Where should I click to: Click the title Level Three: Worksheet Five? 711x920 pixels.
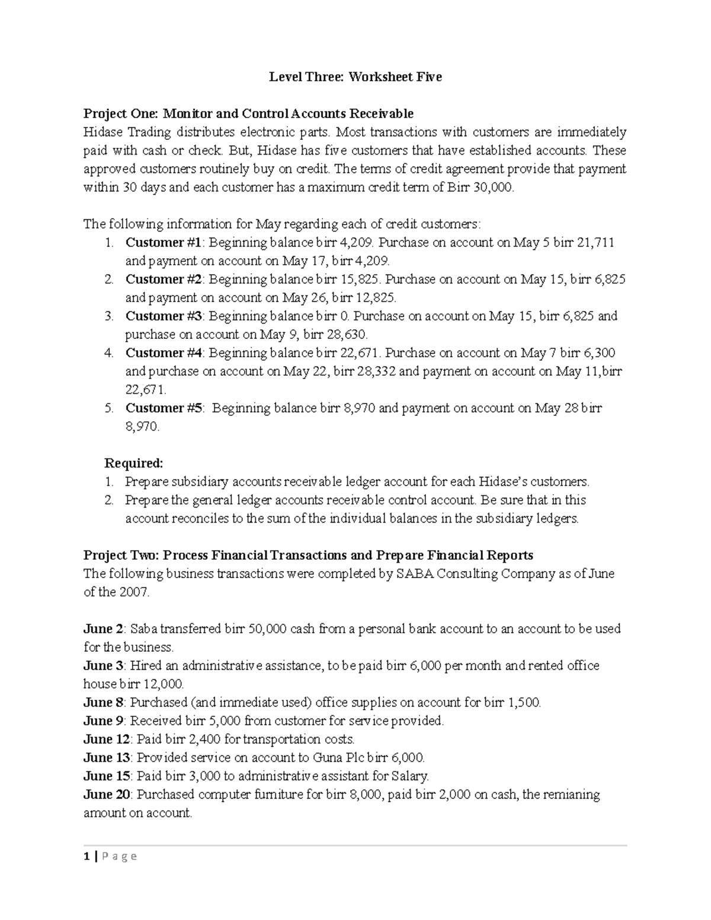[x=355, y=77]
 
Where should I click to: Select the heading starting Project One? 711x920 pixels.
[x=248, y=113]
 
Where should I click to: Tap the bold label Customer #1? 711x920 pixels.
[x=163, y=242]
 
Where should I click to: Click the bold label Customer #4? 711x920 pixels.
[x=163, y=353]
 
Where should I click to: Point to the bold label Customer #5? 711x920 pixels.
[x=163, y=408]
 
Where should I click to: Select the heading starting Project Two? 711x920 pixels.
[x=308, y=555]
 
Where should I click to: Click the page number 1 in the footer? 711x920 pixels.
[x=87, y=856]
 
